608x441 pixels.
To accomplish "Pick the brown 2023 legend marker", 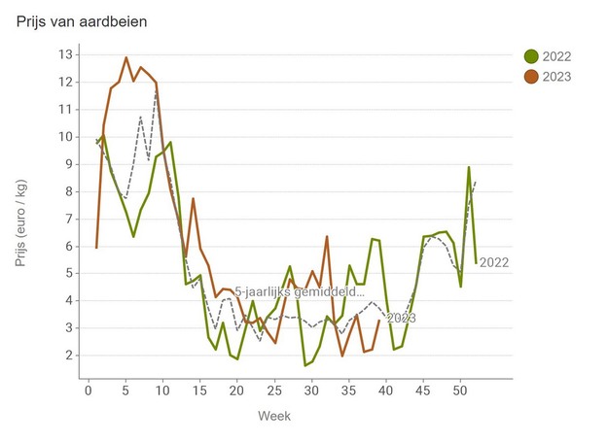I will tap(531, 77).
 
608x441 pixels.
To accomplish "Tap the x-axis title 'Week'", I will tap(273, 416).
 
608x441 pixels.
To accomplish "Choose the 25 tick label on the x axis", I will tap(273, 390).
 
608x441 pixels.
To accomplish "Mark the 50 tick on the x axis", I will tap(460, 390).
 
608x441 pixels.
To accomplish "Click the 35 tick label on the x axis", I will tap(348, 390).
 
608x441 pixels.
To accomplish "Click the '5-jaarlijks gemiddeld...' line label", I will tap(300, 290).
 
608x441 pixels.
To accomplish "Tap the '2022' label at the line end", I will tap(494, 262).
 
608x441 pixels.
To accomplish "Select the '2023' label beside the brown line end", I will tap(402, 318).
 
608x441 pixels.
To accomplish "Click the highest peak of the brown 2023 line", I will tap(126, 57).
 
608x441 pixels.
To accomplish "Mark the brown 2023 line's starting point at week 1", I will tap(96, 248).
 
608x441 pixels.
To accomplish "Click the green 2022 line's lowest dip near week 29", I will tap(304, 365).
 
